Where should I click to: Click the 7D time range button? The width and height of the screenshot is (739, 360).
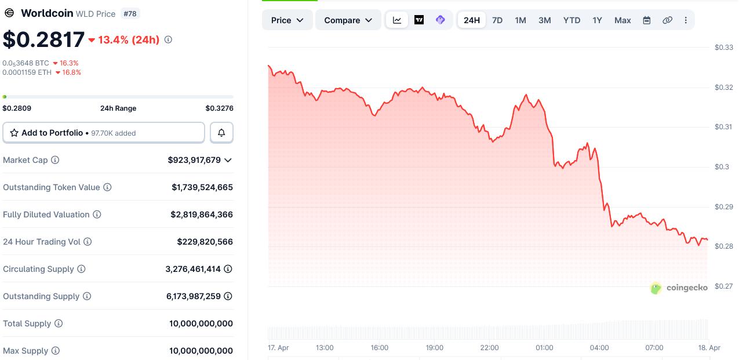(497, 20)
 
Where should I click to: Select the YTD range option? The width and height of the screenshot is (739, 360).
(571, 20)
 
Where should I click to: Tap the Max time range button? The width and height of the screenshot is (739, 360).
(622, 20)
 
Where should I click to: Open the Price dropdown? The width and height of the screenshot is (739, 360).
(287, 20)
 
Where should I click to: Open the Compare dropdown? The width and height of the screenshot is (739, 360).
(348, 20)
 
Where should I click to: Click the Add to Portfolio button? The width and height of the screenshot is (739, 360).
(104, 133)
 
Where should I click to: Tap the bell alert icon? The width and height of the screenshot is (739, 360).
(221, 133)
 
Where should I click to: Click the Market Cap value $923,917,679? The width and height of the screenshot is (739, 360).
(194, 160)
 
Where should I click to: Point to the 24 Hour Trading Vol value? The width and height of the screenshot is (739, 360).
(205, 242)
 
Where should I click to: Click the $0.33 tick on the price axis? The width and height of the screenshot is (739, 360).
(724, 48)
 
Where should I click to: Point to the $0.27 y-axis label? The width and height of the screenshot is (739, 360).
(724, 286)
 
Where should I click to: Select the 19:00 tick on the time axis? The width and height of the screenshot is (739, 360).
(434, 348)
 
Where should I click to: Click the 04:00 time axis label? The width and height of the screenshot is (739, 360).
(599, 348)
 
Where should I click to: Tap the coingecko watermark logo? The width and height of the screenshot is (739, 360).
(679, 288)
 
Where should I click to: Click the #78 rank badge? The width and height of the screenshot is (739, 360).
(130, 13)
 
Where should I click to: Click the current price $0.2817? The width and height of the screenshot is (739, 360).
(44, 39)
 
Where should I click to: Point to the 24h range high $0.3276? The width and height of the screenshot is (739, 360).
(219, 108)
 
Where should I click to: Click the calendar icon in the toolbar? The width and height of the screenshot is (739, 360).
(647, 20)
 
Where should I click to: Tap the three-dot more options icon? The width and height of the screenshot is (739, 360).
(686, 20)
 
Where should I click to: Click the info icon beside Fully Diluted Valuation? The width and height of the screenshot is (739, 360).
(97, 214)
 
